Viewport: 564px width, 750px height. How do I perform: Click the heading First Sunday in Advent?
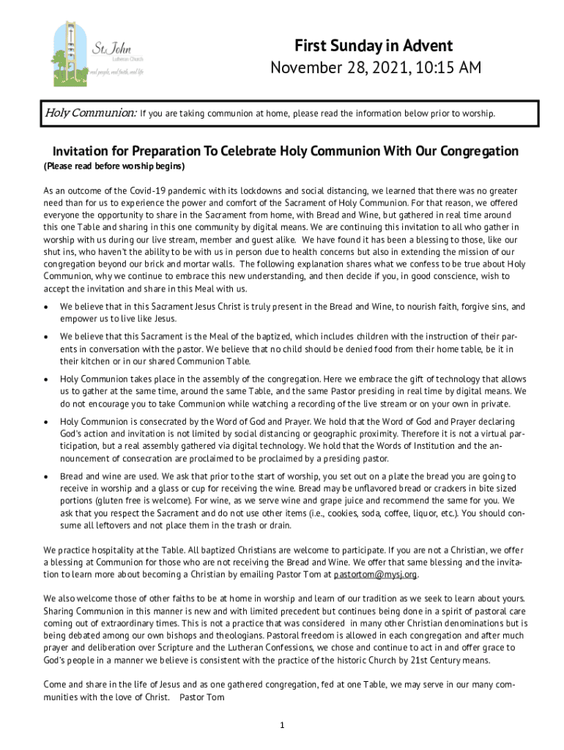pos(374,45)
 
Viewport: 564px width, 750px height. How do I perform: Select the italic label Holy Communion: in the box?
pos(91,114)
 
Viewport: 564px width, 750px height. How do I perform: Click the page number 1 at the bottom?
pos(281,725)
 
